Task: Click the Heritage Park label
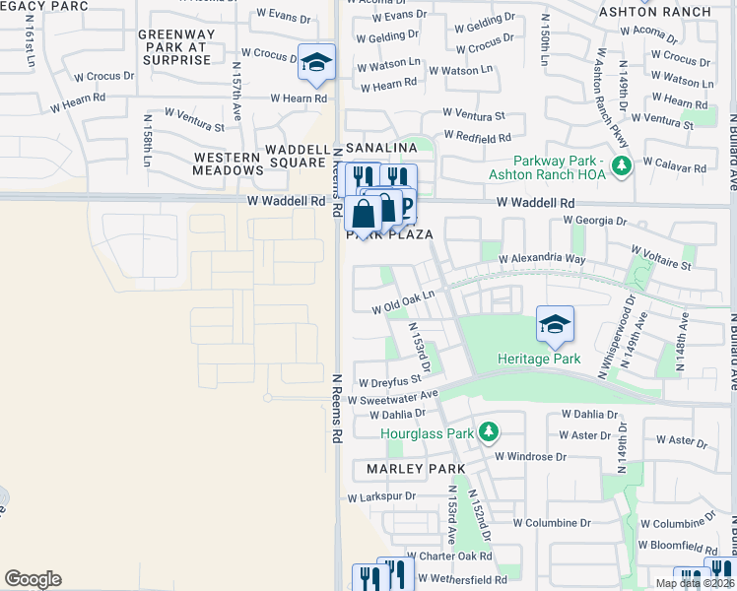tap(539, 359)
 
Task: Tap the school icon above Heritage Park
tap(555, 323)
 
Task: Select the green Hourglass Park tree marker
tap(488, 431)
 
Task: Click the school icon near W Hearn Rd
tap(316, 61)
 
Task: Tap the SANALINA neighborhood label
tap(375, 147)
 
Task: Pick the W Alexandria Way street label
tap(542, 259)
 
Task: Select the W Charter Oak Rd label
tap(452, 557)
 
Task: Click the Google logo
tap(33, 578)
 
